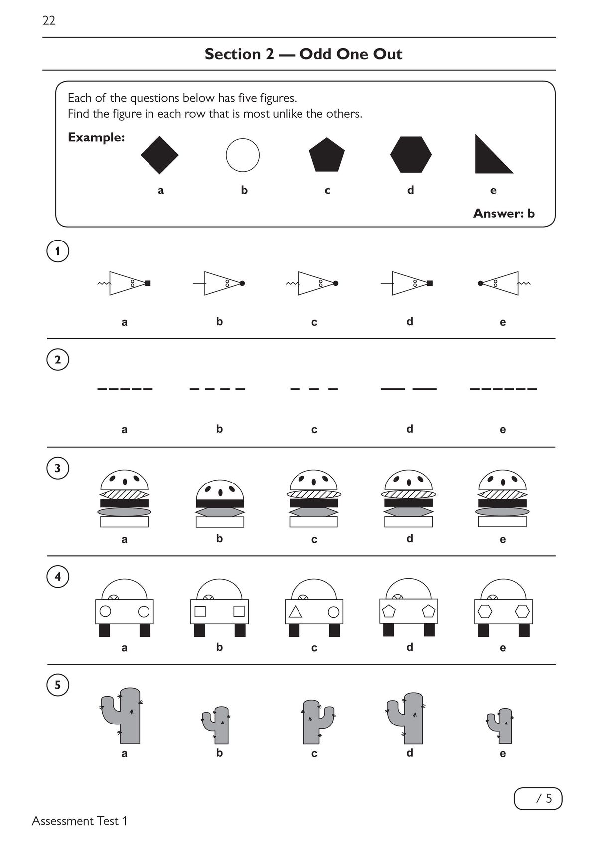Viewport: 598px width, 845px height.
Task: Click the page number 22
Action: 49,20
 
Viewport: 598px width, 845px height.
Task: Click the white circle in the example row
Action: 243,155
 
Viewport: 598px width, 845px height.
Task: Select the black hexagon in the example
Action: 411,155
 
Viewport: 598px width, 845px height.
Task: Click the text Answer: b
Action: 503,213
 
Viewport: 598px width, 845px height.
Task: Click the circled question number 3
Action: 58,468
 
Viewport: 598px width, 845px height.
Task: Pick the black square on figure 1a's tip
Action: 148,283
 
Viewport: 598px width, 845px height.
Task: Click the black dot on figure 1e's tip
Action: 480,283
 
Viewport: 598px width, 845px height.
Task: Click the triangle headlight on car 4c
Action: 296,612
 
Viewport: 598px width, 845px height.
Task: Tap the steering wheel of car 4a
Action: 113,598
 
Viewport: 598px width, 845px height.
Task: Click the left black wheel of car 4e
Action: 483,630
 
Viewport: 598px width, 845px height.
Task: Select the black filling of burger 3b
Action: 220,504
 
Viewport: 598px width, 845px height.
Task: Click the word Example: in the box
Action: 96,137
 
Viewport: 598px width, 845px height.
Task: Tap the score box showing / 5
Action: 538,799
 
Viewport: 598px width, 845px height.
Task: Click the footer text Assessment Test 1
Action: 80,821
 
